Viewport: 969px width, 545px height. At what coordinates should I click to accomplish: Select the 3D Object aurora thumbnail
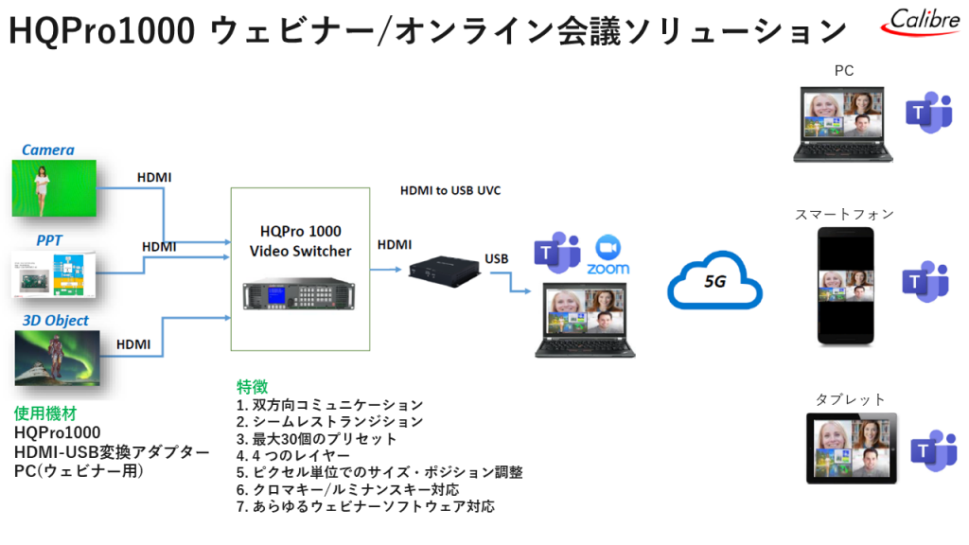point(58,359)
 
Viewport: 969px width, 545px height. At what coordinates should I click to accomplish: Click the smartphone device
point(845,285)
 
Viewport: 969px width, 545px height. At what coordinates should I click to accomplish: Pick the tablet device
point(851,448)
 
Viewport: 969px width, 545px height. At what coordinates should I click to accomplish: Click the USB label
point(498,258)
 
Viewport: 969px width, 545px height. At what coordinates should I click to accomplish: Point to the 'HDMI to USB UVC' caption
point(450,190)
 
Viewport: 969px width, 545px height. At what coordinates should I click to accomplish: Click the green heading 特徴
point(252,387)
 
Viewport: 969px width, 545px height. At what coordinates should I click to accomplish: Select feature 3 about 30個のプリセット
point(317,439)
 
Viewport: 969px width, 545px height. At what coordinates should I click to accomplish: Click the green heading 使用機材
point(44,413)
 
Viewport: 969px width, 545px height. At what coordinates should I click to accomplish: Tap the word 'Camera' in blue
point(48,149)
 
